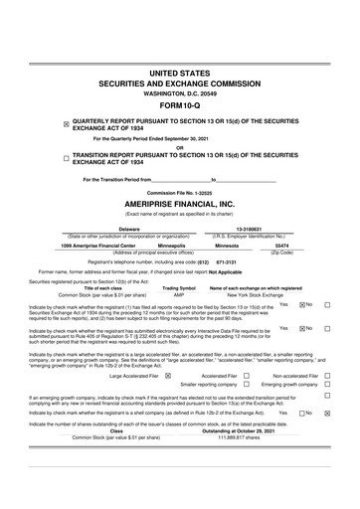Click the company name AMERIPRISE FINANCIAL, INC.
(179, 204)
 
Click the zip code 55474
(281, 245)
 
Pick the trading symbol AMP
(179, 295)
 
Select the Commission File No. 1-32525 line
(179, 192)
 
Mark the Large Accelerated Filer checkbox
(167, 376)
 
